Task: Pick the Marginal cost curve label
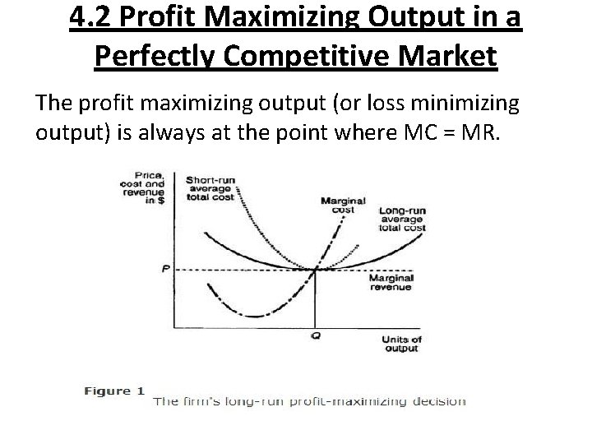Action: click(337, 204)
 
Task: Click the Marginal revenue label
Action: click(390, 284)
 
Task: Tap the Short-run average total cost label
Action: click(210, 187)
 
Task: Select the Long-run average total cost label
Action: click(402, 220)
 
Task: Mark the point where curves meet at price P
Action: click(315, 269)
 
